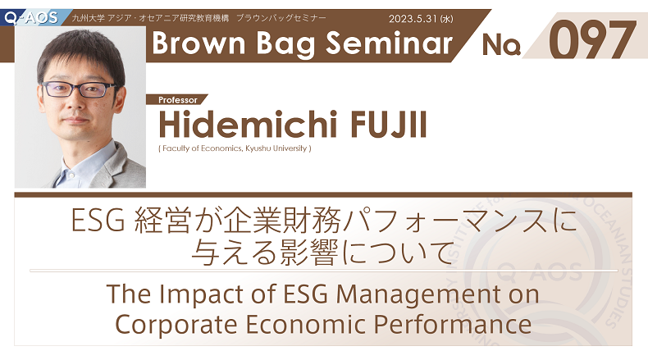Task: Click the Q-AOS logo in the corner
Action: coord(31,18)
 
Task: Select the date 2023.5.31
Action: coord(413,19)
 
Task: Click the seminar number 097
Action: coord(592,40)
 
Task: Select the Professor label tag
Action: coord(178,100)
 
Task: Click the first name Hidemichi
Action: coord(247,125)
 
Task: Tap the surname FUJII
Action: coord(389,125)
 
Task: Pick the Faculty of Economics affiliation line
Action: coord(235,148)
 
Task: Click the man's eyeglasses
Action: coord(79,89)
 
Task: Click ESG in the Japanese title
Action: coord(98,221)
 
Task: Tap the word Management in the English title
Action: coord(418,295)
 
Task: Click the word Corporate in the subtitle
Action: coord(176,325)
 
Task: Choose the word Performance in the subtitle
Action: coord(453,325)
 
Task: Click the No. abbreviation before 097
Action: coord(501,44)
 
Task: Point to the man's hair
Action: coord(80,54)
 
